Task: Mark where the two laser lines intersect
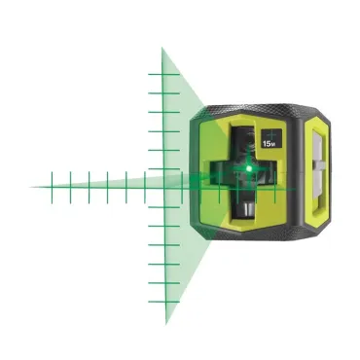[163, 182]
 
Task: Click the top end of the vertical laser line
[163, 46]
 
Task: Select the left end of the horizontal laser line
[31, 182]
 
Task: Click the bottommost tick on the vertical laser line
[163, 301]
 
